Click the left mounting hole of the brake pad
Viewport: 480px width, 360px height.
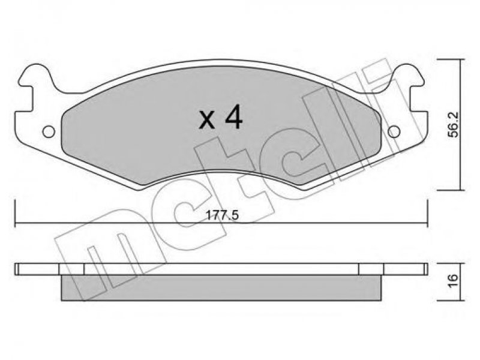click(x=49, y=132)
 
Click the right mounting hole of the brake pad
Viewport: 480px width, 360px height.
click(x=394, y=132)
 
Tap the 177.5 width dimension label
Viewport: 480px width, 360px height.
click(x=222, y=215)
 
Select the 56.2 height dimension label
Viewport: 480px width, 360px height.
click(x=454, y=125)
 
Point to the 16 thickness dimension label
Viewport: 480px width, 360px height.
click(x=454, y=280)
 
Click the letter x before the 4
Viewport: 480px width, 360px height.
click(x=206, y=121)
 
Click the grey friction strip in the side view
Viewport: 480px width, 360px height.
click(x=221, y=287)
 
